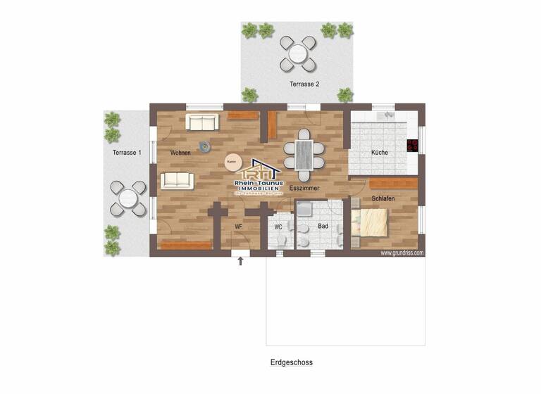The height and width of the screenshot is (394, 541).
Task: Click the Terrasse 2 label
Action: pos(304,84)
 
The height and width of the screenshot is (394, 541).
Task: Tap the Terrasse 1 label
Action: pos(127,153)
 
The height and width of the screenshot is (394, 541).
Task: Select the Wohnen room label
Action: pos(180,153)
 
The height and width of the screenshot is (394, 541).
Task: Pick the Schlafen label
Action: pos(383,199)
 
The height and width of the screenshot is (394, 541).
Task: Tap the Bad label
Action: pos(323,227)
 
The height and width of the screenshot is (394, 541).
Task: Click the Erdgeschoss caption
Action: pos(291,363)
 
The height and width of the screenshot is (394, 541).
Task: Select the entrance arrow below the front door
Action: pos(240,261)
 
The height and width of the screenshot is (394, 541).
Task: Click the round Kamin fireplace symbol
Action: pos(231,162)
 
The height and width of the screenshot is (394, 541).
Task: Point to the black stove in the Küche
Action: pos(412,146)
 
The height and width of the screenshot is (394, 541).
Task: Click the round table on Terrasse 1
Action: pos(128,198)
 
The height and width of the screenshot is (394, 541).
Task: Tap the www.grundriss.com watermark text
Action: pos(402,252)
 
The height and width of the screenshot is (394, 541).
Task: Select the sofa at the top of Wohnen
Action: pos(201,122)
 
